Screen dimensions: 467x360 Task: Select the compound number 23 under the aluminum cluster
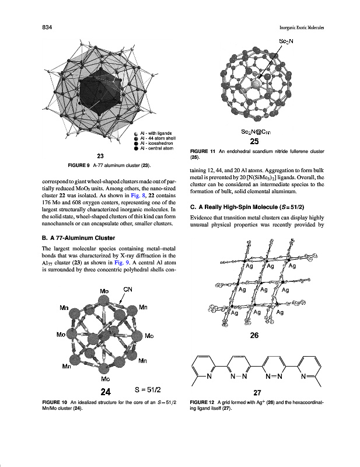[100, 156]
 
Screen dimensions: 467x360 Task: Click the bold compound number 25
[255, 141]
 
